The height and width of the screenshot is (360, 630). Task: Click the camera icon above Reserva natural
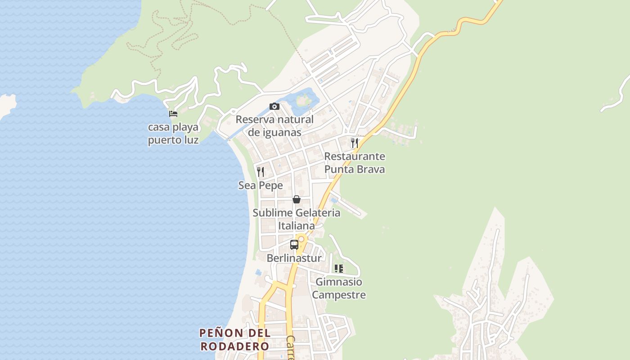pos(274,107)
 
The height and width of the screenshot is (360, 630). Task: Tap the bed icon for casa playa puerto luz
pos(173,114)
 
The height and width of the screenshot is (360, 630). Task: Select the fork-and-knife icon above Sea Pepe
pos(261,171)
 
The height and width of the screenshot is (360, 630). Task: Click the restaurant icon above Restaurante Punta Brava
pos(355,143)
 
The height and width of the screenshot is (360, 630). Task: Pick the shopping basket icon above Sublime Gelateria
pos(296,199)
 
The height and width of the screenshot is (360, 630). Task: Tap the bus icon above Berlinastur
pos(294,245)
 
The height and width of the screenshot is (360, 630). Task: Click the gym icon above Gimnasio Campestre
pos(339,269)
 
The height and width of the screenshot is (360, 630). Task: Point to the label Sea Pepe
pos(261,185)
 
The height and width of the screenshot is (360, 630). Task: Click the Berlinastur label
pos(294,258)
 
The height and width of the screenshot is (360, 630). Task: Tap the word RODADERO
pos(234,346)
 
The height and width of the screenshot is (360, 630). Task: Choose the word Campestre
pos(339,295)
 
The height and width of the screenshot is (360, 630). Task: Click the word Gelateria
pos(318,213)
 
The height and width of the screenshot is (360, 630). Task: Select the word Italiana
pos(296,226)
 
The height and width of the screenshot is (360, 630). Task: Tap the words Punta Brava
pos(355,170)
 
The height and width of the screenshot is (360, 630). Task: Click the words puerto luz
pos(173,140)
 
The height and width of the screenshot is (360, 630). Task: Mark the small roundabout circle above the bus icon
pos(301,239)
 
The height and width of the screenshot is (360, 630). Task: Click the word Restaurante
pos(355,157)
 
